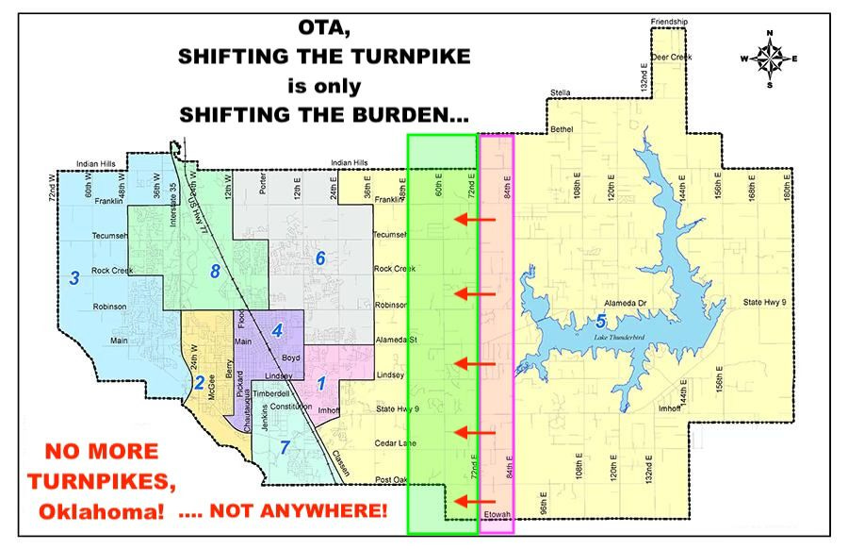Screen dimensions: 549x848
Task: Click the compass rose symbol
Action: coord(771,58)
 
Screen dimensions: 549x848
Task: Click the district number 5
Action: coord(601,319)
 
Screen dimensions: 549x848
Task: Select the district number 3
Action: coord(73,277)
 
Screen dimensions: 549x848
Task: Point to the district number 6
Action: coord(319,258)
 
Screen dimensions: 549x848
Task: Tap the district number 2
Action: coord(199,382)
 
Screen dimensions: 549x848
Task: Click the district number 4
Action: coord(276,330)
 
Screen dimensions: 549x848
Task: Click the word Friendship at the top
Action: coord(670,21)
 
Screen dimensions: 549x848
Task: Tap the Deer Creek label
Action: coord(673,57)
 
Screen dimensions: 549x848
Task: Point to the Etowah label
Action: coord(497,514)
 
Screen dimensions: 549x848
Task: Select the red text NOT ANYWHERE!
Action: coord(298,511)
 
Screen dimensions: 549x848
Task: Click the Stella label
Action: coord(562,92)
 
